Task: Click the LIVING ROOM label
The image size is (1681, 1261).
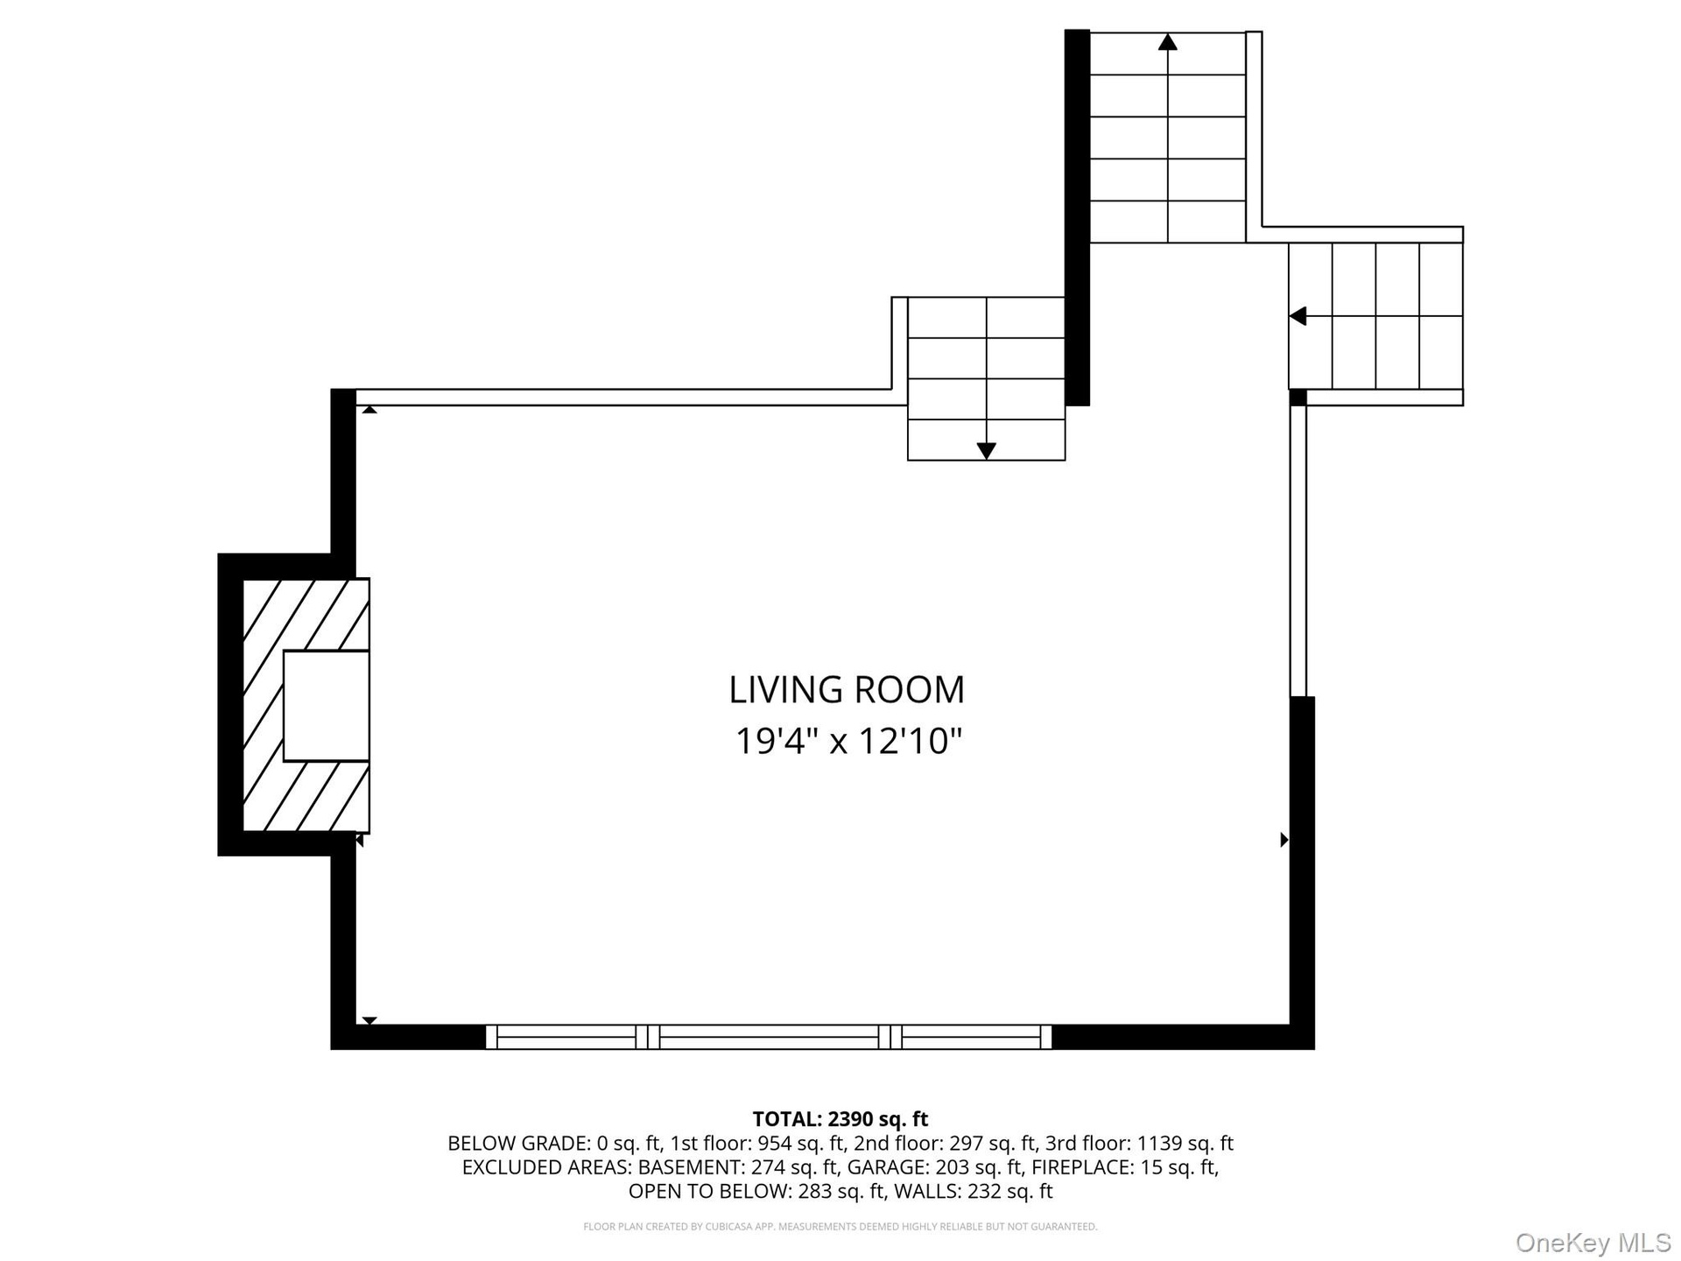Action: [x=847, y=689]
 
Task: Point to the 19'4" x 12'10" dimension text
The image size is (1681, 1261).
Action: [x=848, y=742]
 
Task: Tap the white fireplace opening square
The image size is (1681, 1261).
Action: [x=326, y=706]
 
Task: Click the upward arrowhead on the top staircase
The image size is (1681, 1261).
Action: [x=1167, y=41]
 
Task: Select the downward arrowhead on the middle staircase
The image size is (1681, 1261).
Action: [x=987, y=451]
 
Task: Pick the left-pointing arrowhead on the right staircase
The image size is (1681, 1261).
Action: [x=1298, y=316]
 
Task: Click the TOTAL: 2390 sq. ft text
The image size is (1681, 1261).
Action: [x=840, y=1119]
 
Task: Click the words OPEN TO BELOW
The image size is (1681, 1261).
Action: [x=707, y=1191]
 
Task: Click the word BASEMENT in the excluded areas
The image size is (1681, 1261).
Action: [x=691, y=1167]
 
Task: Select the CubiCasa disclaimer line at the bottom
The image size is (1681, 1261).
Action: [x=840, y=1227]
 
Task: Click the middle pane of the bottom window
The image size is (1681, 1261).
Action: [x=769, y=1037]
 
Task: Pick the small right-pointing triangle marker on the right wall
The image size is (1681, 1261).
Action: [x=1284, y=840]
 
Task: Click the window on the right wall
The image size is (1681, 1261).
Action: [x=1298, y=551]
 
